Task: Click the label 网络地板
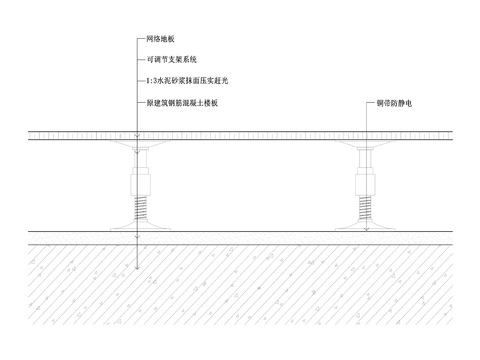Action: click(161, 39)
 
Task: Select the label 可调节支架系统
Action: click(172, 60)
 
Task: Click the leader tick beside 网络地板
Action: click(139, 39)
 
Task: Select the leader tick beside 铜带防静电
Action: click(370, 102)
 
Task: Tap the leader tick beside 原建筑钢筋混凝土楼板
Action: click(139, 102)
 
